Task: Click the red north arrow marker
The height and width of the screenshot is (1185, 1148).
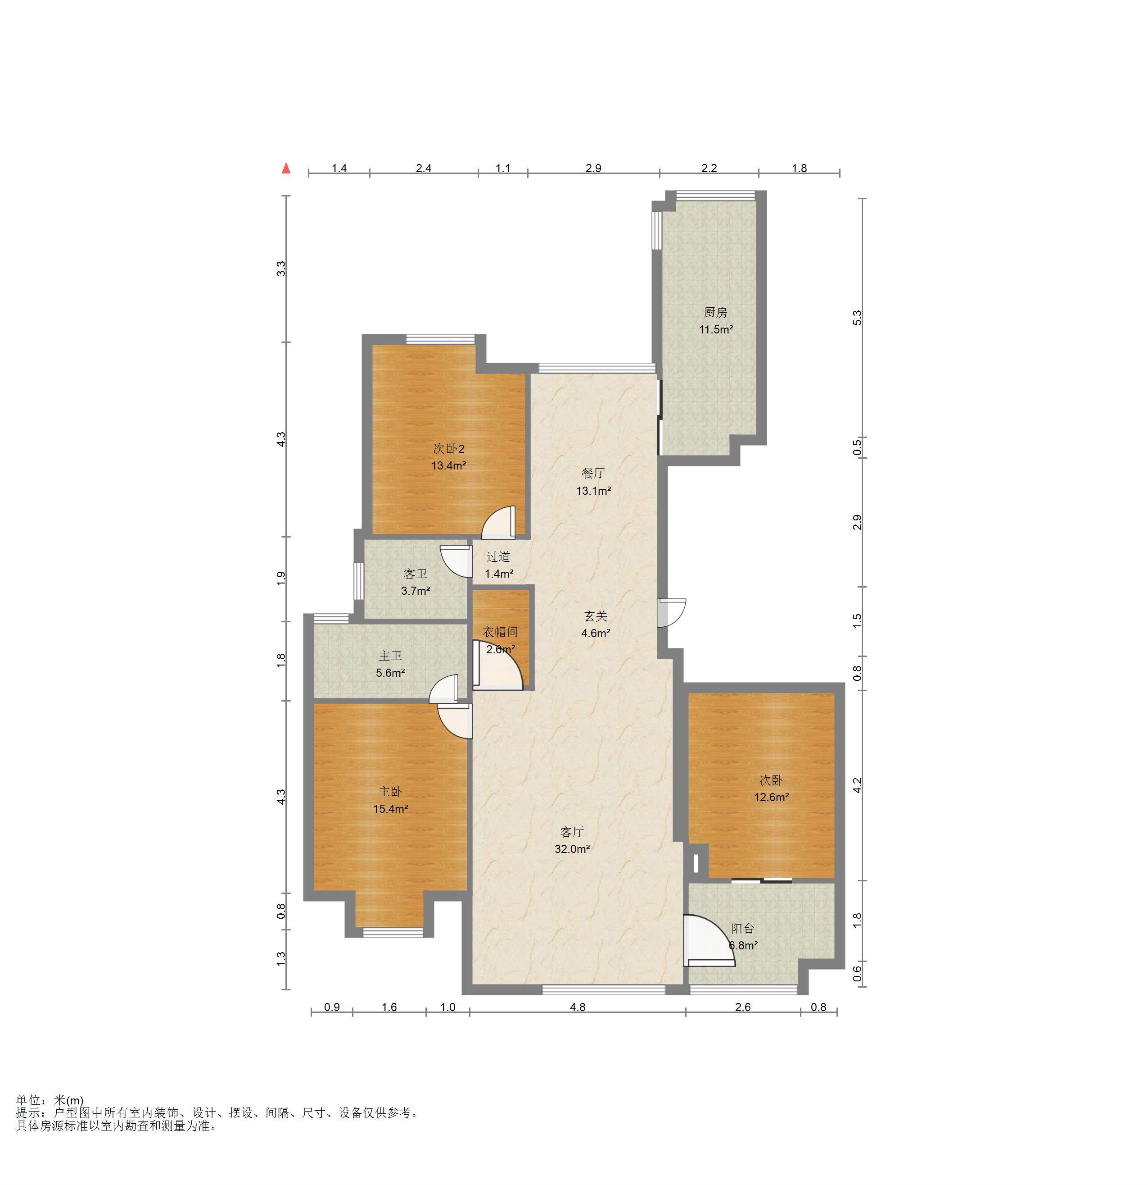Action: pos(286,169)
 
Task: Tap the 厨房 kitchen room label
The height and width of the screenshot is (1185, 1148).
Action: pos(715,313)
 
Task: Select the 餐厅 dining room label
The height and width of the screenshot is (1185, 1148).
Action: pos(593,474)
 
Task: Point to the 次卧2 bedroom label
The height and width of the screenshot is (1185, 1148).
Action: pos(448,449)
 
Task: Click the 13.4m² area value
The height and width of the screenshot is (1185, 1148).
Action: pos(448,465)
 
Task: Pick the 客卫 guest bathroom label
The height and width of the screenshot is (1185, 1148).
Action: pos(415,574)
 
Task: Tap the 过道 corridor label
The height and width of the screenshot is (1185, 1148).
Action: pos(498,557)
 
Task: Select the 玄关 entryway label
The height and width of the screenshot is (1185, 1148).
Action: pos(596,616)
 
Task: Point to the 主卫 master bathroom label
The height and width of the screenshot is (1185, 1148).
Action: pos(390,656)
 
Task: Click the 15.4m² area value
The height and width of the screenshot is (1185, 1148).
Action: pos(390,809)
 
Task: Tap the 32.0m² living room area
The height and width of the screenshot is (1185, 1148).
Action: pos(572,849)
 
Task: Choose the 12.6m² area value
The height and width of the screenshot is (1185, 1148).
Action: pos(771,798)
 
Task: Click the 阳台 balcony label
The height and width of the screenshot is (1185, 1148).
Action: pos(742,929)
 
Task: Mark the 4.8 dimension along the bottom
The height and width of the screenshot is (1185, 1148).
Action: pos(578,1007)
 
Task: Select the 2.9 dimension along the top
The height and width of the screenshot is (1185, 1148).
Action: pos(593,168)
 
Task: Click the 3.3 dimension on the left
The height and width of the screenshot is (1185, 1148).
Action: pos(281,269)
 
